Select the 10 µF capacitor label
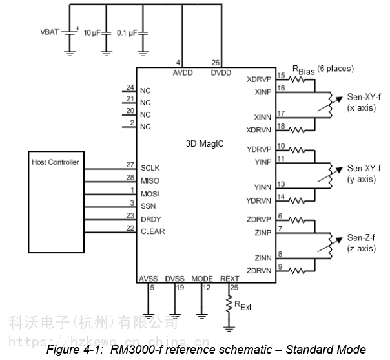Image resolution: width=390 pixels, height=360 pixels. point(95,32)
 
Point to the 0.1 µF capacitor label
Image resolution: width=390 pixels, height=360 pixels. point(128,32)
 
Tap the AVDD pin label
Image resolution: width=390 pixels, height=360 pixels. point(183,74)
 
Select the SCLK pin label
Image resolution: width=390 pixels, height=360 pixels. point(150,167)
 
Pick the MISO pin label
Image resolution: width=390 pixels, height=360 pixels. point(150,180)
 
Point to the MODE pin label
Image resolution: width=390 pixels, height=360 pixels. point(202,279)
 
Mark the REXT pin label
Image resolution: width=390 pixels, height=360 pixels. point(229,279)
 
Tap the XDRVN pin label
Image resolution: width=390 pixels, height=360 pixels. point(260,130)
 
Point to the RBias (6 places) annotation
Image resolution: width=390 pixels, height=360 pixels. point(323,69)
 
